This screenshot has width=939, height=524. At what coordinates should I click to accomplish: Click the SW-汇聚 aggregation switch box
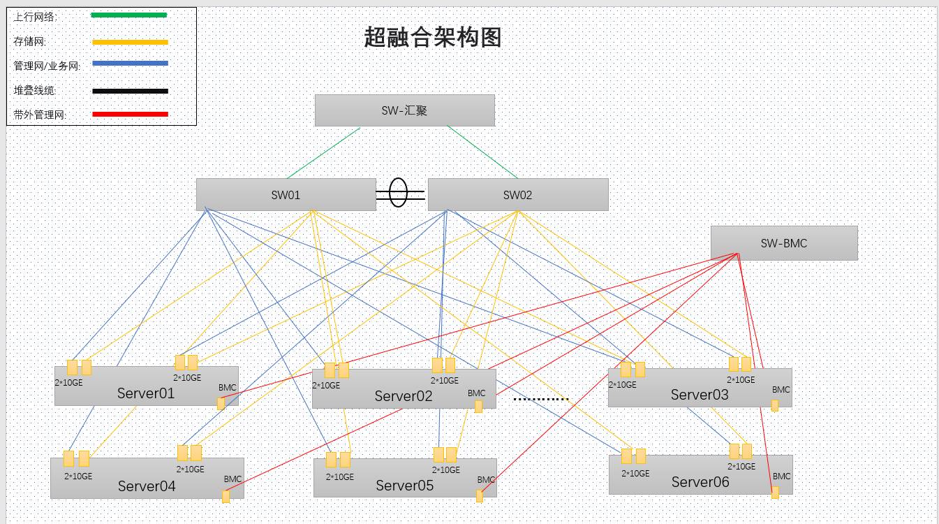[x=404, y=110]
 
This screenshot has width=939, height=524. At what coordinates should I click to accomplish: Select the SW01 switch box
[x=286, y=195]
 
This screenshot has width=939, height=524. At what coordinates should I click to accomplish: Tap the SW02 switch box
[x=518, y=195]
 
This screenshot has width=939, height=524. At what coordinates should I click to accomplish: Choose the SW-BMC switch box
[x=784, y=243]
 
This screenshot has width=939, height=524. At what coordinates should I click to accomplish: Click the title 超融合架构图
[x=433, y=37]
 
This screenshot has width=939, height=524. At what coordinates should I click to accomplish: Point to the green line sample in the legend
[x=128, y=15]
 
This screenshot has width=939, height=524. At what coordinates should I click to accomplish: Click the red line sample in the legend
[x=130, y=114]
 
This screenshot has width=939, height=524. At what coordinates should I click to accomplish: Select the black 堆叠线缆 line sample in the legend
[x=130, y=91]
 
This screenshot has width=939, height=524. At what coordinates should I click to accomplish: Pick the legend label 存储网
[x=29, y=41]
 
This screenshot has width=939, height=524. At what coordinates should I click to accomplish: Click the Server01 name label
[x=145, y=393]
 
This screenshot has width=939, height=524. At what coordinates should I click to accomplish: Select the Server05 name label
[x=404, y=486]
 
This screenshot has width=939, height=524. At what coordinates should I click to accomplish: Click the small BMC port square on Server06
[x=775, y=493]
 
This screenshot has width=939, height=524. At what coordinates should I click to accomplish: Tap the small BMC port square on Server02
[x=478, y=406]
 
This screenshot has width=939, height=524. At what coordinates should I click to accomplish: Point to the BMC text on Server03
[x=781, y=390]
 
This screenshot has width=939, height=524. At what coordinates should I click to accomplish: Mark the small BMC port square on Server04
[x=225, y=497]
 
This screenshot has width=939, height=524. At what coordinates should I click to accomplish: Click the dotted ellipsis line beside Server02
[x=541, y=399]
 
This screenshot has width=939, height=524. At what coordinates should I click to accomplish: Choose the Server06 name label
[x=700, y=482]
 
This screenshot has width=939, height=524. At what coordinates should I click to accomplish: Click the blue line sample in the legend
[x=130, y=64]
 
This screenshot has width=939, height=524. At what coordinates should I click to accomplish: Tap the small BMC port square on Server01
[x=221, y=404]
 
